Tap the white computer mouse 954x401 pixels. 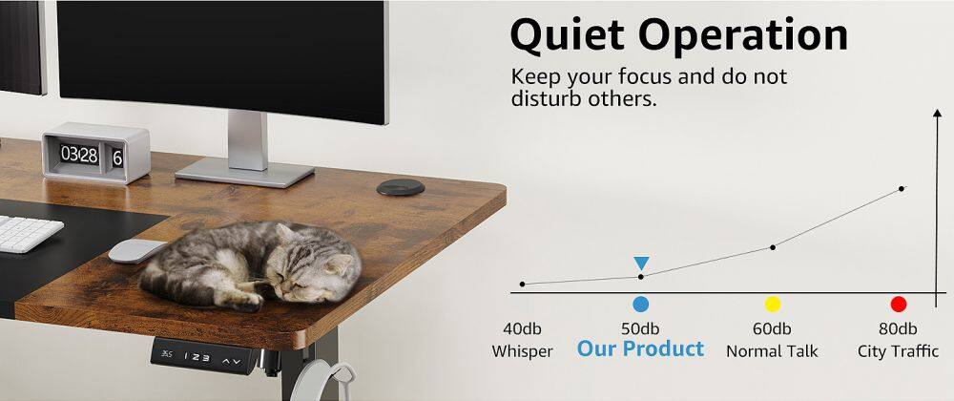click(x=136, y=250)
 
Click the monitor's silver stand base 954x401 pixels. click(x=245, y=171)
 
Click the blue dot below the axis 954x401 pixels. click(x=640, y=304)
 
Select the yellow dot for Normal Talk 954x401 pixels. click(x=773, y=304)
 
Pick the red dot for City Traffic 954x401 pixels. click(x=898, y=304)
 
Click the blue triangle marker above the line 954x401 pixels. click(x=641, y=263)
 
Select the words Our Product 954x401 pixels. click(x=640, y=349)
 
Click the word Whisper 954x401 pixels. click(x=522, y=351)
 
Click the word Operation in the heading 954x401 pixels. click(x=743, y=36)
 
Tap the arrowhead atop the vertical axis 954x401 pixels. click(x=936, y=116)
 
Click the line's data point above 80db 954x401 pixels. click(x=902, y=188)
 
